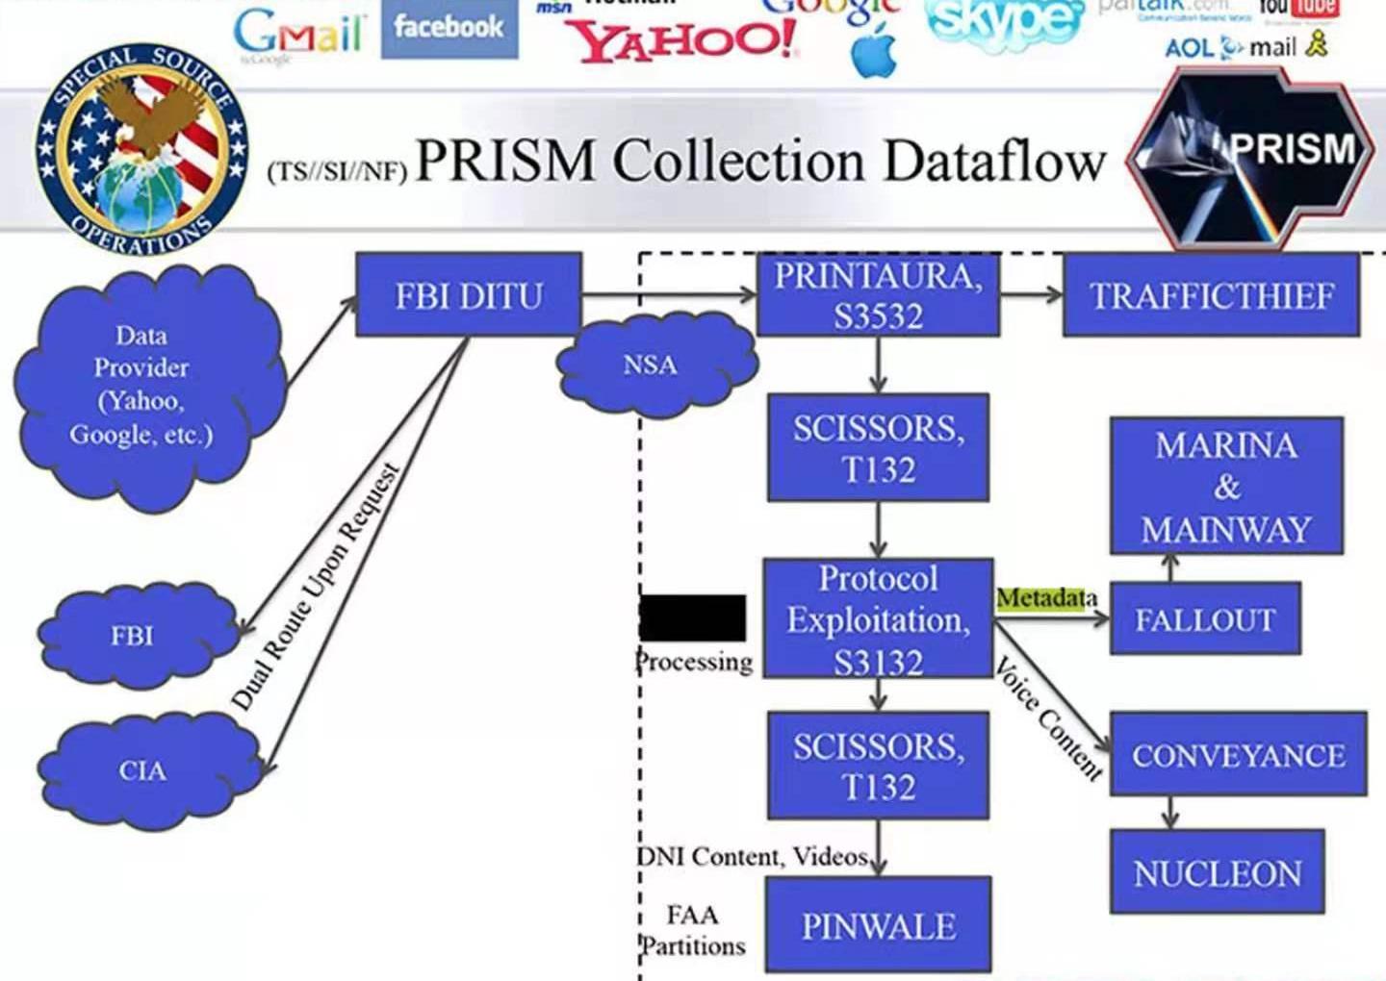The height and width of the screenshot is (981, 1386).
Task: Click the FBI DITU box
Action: [x=469, y=294]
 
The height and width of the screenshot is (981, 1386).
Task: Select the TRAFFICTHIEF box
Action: [x=1211, y=295]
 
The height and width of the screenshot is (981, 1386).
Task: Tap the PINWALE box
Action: [x=878, y=924]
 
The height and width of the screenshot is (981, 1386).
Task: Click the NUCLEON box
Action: [x=1217, y=871]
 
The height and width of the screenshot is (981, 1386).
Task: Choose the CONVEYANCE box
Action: [x=1238, y=754]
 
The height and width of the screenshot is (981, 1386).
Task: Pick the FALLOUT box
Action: [x=1205, y=619]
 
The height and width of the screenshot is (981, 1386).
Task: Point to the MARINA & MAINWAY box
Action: [x=1226, y=486]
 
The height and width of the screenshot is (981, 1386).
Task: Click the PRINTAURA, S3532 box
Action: [x=878, y=294]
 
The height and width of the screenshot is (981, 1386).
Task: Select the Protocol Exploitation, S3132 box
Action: [x=878, y=618]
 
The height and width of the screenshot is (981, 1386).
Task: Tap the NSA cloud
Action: [x=652, y=365]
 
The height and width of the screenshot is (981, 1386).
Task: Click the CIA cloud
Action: [x=142, y=770]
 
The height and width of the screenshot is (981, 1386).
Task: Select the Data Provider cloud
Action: [x=141, y=385]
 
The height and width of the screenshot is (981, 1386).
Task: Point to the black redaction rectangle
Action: [x=693, y=617]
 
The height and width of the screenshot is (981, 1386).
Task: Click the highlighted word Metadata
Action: [x=1046, y=598]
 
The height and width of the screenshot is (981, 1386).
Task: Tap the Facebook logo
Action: [x=449, y=27]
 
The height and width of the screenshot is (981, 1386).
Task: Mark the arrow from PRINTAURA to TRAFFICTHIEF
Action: [x=1031, y=294]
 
